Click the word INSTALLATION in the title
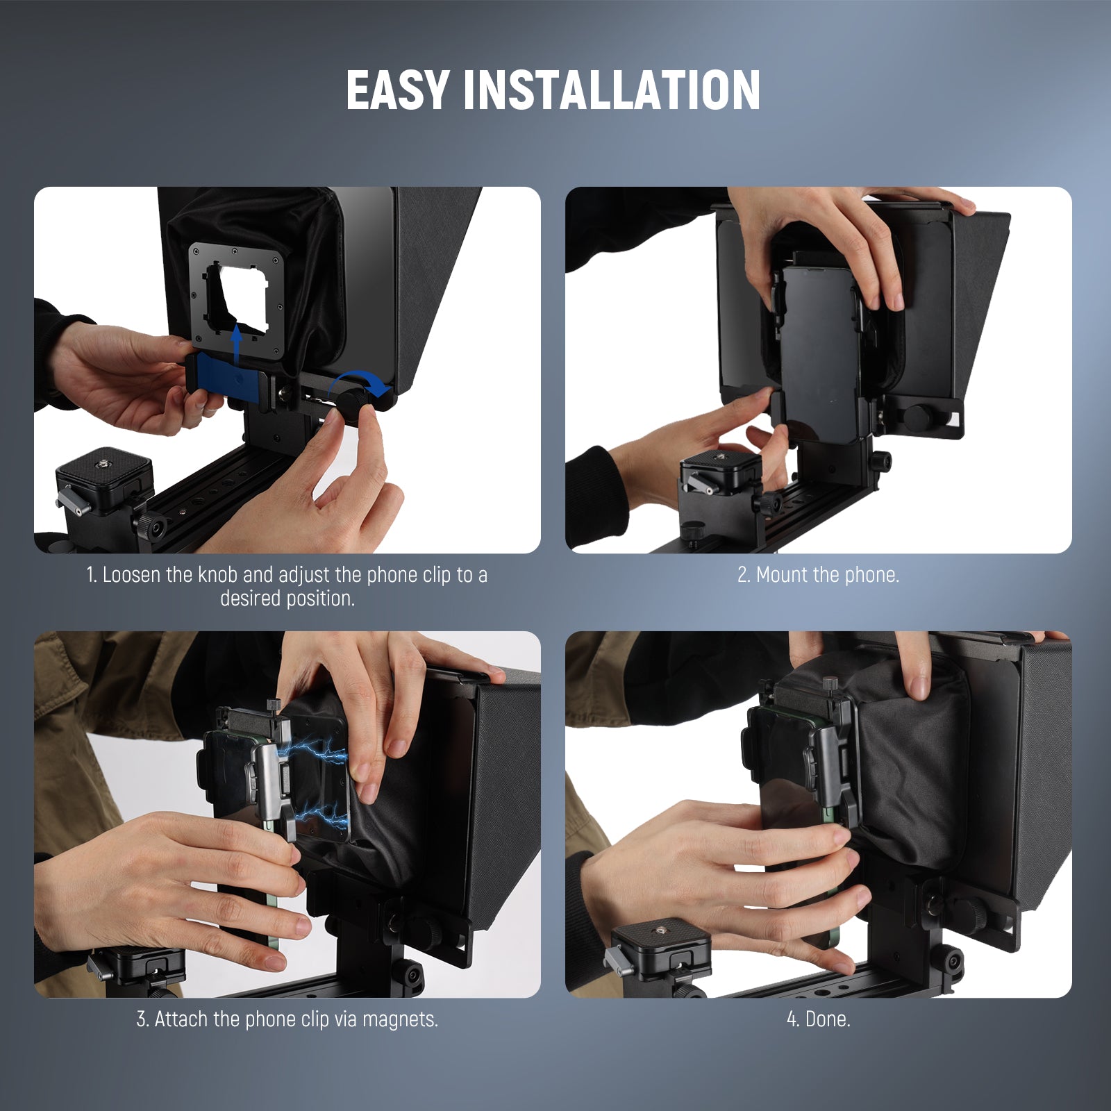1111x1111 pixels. (611, 90)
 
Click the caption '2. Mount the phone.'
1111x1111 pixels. (818, 575)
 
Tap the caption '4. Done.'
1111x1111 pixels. (818, 1019)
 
